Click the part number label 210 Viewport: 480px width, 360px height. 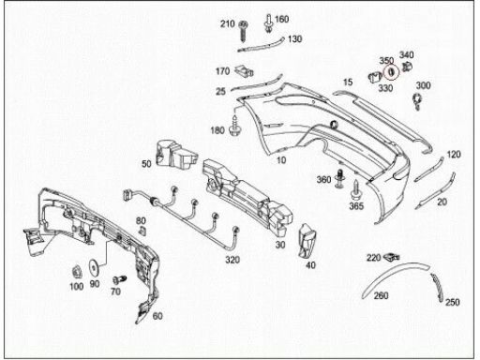point(227,23)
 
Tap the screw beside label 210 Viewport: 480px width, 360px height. point(243,31)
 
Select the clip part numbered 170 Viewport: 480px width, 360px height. point(244,71)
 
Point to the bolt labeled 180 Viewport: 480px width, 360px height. point(233,126)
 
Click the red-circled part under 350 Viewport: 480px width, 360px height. point(391,72)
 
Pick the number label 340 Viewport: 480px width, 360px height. point(406,55)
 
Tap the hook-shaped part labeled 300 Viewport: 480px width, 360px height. point(417,101)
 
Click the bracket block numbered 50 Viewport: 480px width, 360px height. point(176,155)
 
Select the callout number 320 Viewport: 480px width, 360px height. point(232,260)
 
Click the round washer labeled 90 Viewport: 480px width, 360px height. point(94,266)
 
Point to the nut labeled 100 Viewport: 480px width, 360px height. point(76,272)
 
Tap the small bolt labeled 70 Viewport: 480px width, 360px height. point(119,279)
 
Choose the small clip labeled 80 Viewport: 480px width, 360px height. point(142,232)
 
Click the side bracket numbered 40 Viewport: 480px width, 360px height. point(307,241)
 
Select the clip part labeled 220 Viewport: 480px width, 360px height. point(391,257)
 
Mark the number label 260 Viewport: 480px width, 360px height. point(381,295)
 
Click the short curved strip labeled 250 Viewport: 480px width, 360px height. point(438,287)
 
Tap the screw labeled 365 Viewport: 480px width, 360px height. point(355,189)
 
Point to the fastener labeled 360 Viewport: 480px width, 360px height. point(340,178)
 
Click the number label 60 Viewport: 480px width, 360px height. point(157,316)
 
